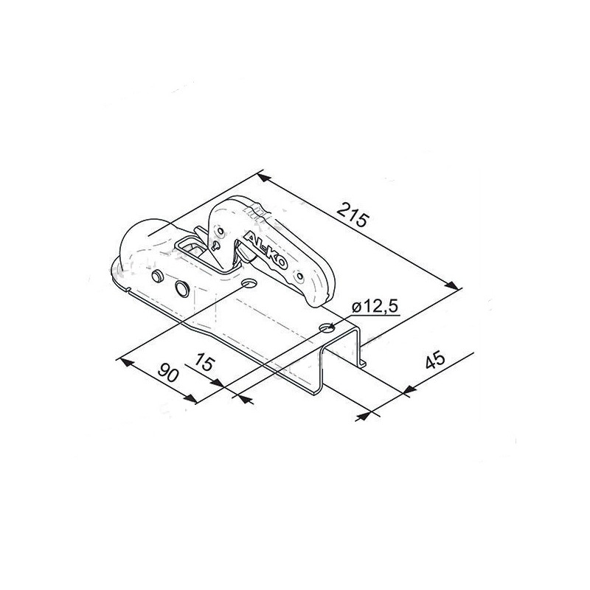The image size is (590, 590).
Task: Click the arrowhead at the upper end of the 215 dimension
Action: tap(263, 178)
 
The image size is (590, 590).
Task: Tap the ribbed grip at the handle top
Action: tap(256, 214)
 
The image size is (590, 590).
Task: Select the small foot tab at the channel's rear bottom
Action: tap(364, 364)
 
